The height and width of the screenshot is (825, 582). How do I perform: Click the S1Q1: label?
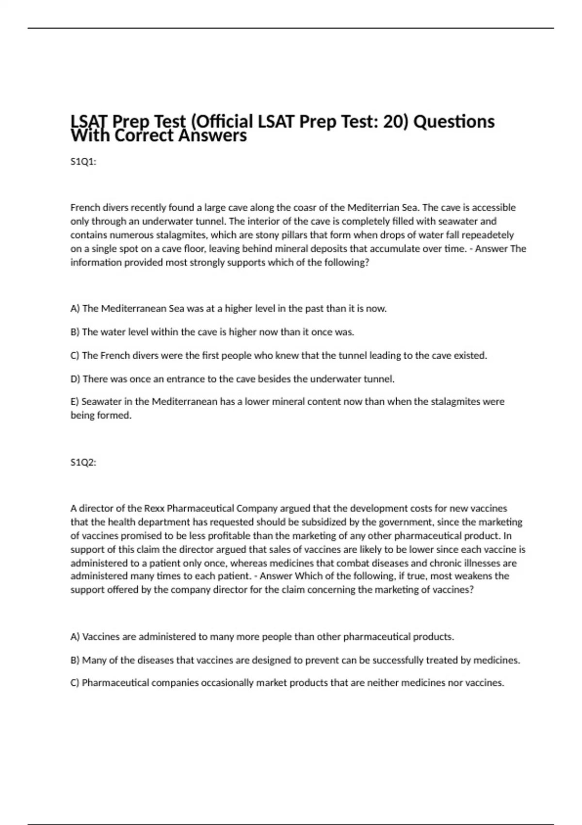(x=83, y=162)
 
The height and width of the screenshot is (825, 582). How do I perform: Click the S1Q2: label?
(x=83, y=462)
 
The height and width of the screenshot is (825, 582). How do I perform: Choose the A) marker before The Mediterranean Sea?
(x=75, y=309)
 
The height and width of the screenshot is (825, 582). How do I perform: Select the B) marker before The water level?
(x=75, y=332)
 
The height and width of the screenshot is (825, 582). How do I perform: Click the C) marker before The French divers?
(x=75, y=356)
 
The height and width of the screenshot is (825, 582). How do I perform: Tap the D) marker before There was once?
(x=75, y=379)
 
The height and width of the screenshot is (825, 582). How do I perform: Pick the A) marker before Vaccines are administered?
(x=75, y=637)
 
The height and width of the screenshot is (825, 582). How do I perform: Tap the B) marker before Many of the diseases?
(x=75, y=660)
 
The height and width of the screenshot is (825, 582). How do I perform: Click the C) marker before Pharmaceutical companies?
(x=75, y=683)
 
